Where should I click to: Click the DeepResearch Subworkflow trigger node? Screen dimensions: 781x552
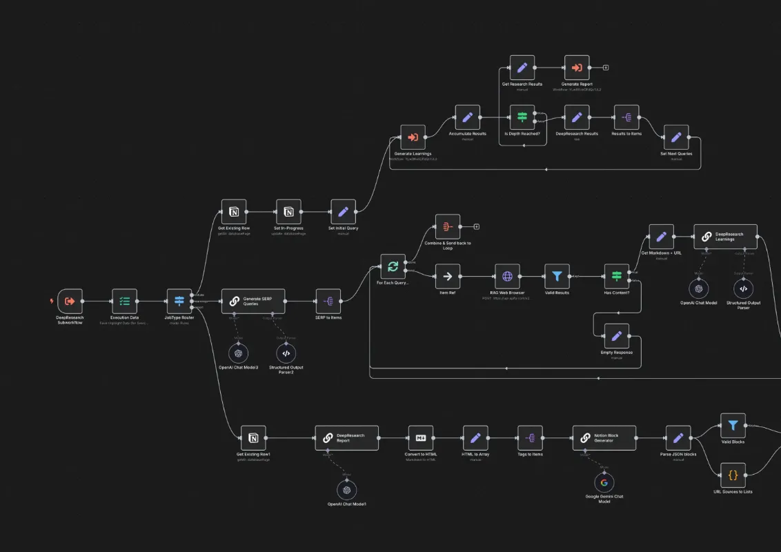point(70,302)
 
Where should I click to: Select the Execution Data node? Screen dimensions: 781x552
point(125,302)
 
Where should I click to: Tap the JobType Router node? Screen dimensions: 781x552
point(179,302)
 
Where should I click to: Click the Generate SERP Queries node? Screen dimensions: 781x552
point(253,302)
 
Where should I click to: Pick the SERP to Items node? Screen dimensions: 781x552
point(328,302)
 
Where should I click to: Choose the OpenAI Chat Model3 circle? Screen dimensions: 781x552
point(239,353)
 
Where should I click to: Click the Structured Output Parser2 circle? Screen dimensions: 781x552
point(286,353)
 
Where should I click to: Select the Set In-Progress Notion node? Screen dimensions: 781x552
point(289,212)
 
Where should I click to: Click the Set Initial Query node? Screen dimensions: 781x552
point(344,212)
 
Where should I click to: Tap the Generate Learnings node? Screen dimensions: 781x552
point(413,137)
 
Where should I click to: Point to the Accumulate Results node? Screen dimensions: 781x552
point(468,117)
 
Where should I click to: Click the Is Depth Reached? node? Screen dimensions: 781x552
point(522,117)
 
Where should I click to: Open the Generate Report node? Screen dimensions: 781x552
point(577,68)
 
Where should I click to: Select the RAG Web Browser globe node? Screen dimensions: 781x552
point(507,277)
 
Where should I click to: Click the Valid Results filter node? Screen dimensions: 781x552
point(557,277)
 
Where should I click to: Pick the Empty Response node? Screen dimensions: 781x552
point(617,336)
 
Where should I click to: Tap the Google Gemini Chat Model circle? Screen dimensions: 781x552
point(604,482)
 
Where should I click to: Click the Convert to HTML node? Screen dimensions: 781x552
point(420,438)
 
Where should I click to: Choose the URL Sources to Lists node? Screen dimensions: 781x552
point(733,475)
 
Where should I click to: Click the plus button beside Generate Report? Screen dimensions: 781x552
point(605,68)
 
